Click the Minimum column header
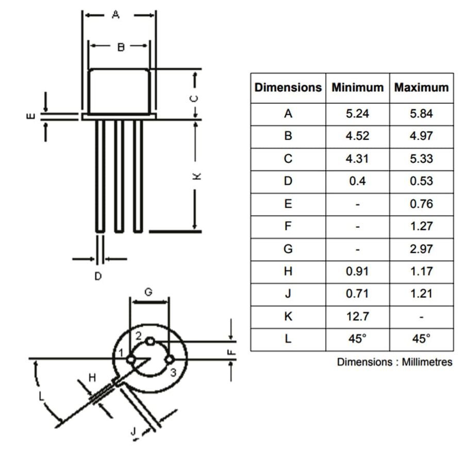[357, 88]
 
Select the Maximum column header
[421, 88]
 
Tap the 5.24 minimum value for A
[357, 113]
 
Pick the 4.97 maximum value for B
[421, 136]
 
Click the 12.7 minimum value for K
[357, 316]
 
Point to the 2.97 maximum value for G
[421, 249]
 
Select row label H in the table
[288, 271]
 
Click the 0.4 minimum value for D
[357, 181]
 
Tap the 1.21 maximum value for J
[421, 294]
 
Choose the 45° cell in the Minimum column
[357, 339]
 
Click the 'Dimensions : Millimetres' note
[394, 362]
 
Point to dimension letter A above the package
[115, 15]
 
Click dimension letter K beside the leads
[196, 176]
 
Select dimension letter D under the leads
[98, 277]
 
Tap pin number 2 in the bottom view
[139, 336]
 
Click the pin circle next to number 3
[169, 360]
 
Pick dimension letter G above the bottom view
[148, 292]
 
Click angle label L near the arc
[42, 396]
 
